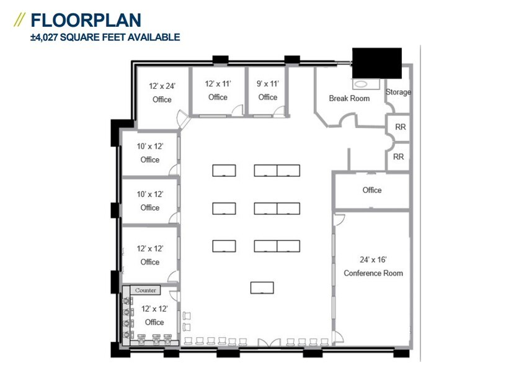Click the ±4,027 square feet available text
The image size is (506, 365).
[x=105, y=37]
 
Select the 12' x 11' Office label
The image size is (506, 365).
[x=218, y=90]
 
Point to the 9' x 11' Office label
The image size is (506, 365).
[x=268, y=90]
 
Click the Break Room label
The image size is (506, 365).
[x=349, y=98]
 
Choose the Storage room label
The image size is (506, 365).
[x=398, y=92]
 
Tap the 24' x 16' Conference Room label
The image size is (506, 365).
[x=373, y=267]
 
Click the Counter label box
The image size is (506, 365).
[x=146, y=290]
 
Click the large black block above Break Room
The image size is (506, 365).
[x=377, y=62]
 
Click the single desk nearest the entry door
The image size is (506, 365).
[x=262, y=287]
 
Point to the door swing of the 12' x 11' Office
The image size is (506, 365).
[x=237, y=110]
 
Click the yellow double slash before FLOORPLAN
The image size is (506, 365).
[x=19, y=20]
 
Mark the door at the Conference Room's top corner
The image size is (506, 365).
[x=339, y=219]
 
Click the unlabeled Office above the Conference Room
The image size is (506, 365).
[x=372, y=190]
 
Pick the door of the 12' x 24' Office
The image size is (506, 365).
[x=182, y=119]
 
